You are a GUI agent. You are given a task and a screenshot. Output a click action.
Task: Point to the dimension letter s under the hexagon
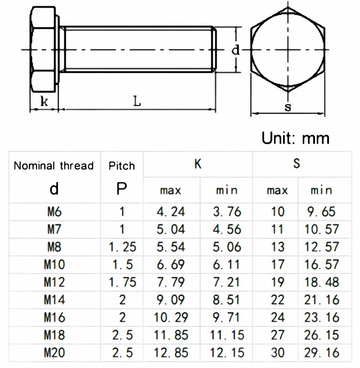[288, 107]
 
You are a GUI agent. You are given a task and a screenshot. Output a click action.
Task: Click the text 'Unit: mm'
[296, 138]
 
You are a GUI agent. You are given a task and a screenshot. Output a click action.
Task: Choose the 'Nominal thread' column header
[54, 165]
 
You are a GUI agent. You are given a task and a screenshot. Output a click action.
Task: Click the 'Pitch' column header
[121, 165]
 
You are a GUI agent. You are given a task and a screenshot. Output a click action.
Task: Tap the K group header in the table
[198, 164]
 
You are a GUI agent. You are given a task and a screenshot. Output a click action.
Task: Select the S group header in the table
[297, 164]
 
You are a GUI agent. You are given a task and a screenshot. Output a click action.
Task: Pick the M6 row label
[54, 211]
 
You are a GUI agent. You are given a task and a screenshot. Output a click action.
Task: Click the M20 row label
[54, 352]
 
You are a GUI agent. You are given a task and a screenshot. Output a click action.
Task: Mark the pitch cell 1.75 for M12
[121, 282]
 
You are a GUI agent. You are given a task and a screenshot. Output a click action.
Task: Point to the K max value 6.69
[170, 264]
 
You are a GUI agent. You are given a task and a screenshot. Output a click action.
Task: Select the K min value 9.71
[226, 317]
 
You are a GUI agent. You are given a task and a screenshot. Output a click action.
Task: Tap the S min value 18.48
[323, 282]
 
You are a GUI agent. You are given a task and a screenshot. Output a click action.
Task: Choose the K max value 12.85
[170, 352]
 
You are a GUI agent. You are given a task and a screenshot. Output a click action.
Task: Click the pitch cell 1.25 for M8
[121, 247]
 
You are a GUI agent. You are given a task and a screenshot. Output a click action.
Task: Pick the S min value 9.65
[323, 211]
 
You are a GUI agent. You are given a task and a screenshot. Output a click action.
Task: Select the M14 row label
[54, 300]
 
